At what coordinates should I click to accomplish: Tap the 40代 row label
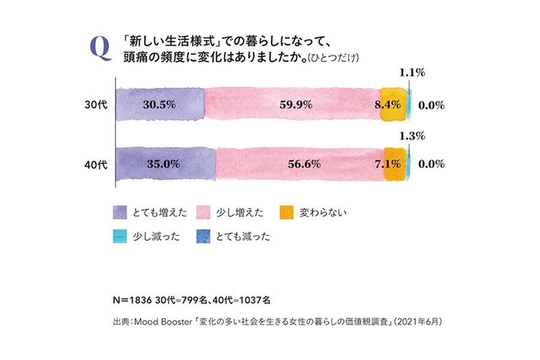click(x=96, y=164)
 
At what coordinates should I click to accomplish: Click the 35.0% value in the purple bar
click(x=162, y=164)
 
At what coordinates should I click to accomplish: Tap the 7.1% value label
click(x=386, y=164)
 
